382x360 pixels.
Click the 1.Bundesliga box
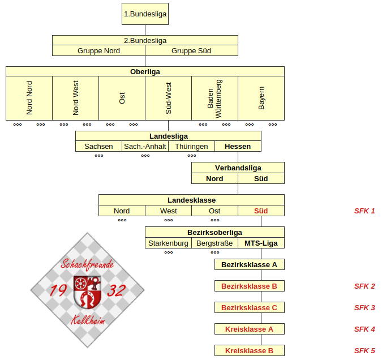[145, 14]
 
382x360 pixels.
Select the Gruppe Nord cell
[98, 51]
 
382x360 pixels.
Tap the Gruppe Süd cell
[191, 51]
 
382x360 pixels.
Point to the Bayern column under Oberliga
[261, 98]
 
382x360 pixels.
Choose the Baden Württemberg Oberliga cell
[214, 98]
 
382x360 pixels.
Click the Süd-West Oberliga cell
[168, 98]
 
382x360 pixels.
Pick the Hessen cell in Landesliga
[238, 146]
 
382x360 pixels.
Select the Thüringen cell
[191, 146]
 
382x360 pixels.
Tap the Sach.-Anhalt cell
[145, 146]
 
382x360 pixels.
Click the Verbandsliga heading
[238, 168]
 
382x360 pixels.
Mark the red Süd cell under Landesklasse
[261, 211]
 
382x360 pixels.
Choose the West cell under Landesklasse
[168, 211]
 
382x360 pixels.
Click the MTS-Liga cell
[261, 243]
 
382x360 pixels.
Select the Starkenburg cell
[168, 243]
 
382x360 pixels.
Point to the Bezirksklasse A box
[250, 264]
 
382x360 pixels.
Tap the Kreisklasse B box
[250, 350]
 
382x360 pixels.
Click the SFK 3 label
[364, 307]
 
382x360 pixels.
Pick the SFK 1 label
[364, 211]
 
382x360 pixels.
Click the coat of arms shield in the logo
[88, 292]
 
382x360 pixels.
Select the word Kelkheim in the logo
[88, 320]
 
